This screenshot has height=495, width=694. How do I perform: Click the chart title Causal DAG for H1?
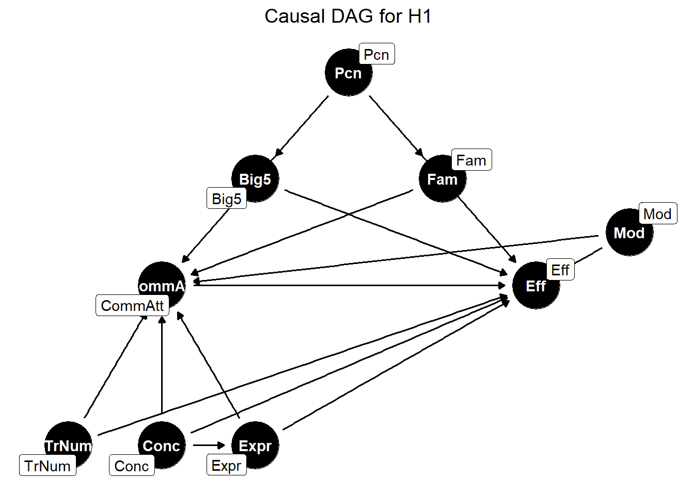point(348,16)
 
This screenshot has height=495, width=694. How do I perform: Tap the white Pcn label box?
point(376,54)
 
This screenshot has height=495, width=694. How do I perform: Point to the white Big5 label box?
point(227,199)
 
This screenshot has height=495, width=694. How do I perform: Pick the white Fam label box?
point(471,160)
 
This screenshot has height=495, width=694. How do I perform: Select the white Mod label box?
point(657,213)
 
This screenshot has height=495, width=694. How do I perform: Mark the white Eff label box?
point(560,270)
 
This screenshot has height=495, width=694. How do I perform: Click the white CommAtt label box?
point(132,306)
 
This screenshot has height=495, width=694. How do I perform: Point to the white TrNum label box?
point(48,466)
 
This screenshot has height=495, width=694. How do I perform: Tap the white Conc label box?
point(132,466)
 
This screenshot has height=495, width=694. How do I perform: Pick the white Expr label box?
point(226,466)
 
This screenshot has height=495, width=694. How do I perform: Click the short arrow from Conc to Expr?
point(209,445)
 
